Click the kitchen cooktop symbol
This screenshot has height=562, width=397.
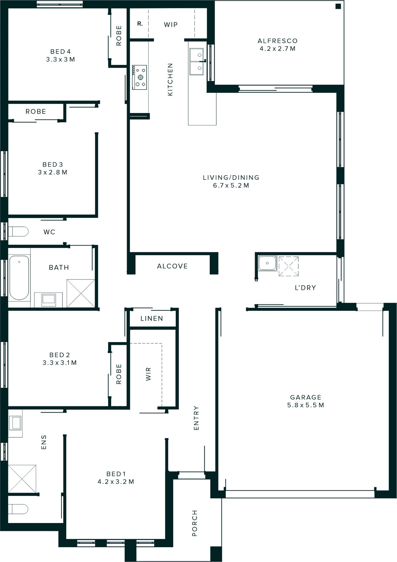click(139, 77)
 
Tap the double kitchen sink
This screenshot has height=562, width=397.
click(196, 61)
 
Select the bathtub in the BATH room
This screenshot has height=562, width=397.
click(19, 277)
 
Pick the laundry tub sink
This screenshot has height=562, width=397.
click(267, 263)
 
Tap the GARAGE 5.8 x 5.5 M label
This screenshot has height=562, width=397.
click(306, 401)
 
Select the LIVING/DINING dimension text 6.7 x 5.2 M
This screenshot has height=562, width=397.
click(231, 185)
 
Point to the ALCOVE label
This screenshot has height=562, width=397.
click(172, 266)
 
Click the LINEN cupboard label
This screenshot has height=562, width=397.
click(152, 318)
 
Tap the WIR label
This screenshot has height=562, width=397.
click(148, 374)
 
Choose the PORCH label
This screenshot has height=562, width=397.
click(195, 523)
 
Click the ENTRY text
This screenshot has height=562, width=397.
click(196, 418)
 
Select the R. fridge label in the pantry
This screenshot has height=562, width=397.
click(140, 24)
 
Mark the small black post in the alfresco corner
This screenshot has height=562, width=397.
click(338, 6)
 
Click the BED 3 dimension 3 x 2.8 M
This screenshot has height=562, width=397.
click(53, 172)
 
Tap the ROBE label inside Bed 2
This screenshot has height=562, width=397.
click(119, 374)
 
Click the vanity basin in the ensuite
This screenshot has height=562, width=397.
click(15, 423)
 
